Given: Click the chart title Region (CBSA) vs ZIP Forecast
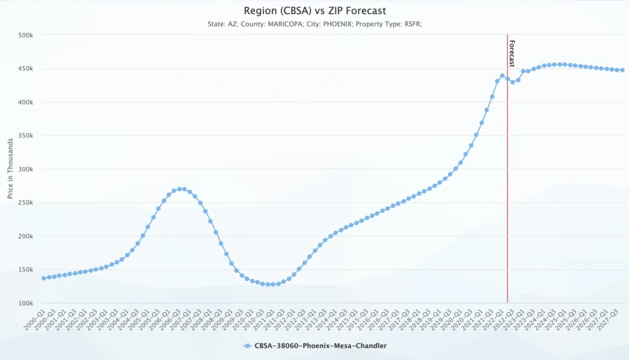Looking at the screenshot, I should click(314, 10).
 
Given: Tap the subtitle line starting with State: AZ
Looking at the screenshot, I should click(314, 24).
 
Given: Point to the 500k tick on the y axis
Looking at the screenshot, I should click(25, 35).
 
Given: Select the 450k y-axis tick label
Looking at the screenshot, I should click(25, 69).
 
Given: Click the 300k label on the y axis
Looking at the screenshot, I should click(25, 169).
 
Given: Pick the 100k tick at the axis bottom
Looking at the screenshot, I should click(25, 303).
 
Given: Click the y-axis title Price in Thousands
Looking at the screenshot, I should click(10, 169).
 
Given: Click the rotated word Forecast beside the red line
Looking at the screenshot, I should click(512, 54).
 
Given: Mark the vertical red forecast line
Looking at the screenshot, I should click(507, 184).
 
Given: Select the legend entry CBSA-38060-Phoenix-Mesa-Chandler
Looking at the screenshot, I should click(320, 346).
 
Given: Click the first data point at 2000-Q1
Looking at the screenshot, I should click(44, 278).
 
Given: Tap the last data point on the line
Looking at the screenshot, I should click(622, 70).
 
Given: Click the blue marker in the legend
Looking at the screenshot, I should click(247, 346).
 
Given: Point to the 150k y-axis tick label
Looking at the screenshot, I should click(25, 269).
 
